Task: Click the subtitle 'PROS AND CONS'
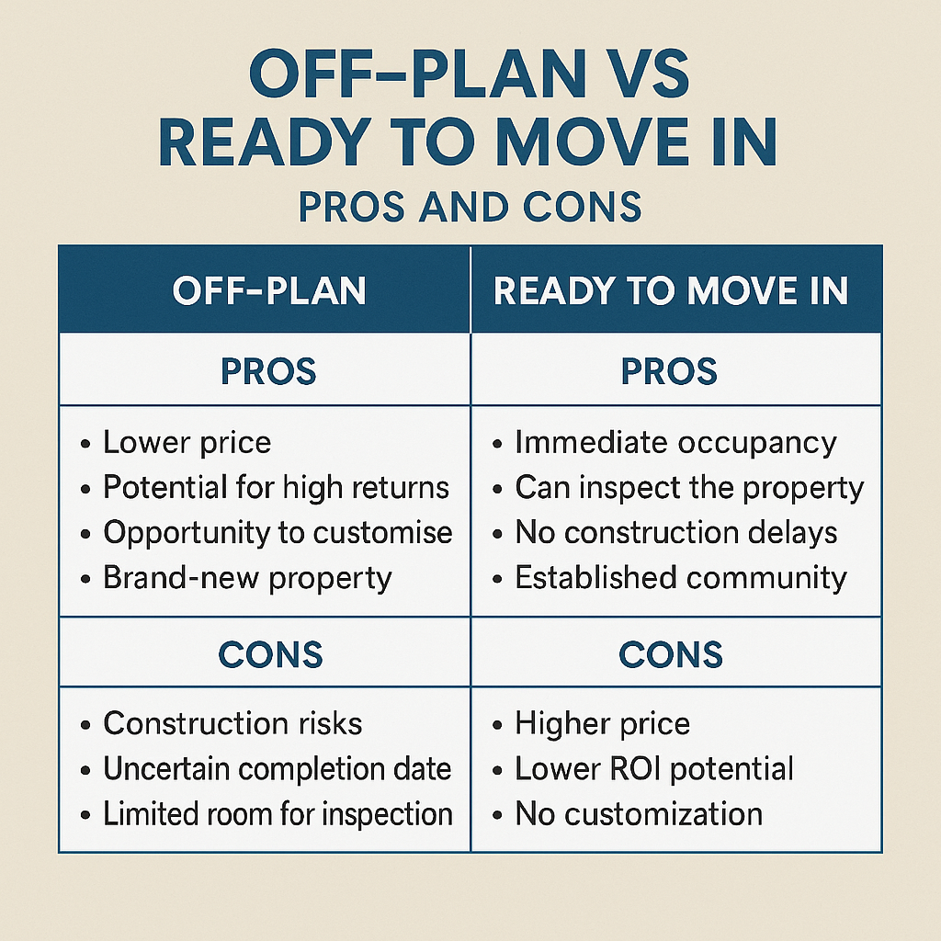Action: pos(470,207)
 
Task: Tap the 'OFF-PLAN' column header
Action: pos(269,290)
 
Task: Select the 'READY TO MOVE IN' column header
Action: pos(670,290)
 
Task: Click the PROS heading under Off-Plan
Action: pos(268,371)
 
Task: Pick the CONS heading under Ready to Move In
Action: pos(670,653)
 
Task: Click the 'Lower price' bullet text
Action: pos(187,443)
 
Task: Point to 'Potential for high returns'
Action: pos(276,487)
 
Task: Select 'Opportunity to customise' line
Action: pos(278,533)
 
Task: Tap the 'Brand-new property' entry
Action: pos(247,579)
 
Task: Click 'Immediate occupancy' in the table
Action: pos(675,444)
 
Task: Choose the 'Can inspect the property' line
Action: pos(689,488)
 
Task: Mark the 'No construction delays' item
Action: pos(676,533)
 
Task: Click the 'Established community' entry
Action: pos(681,578)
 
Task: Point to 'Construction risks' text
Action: pos(232,723)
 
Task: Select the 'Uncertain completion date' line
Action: pos(278,769)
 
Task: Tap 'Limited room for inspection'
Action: pos(278,814)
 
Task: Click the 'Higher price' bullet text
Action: pos(603,724)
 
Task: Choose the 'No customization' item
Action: pos(640,814)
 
